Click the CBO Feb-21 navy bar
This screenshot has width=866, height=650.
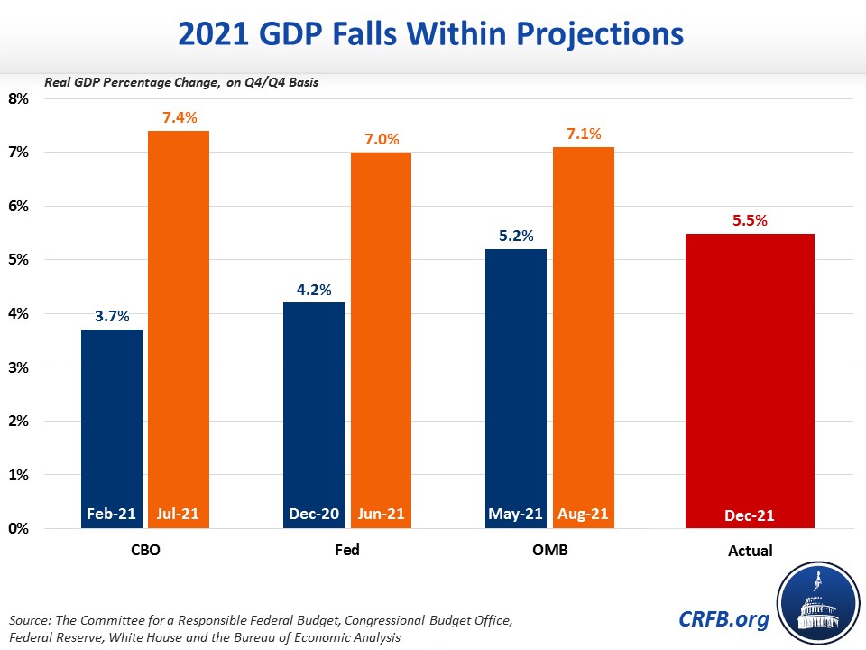113,424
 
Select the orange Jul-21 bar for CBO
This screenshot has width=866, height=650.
178,325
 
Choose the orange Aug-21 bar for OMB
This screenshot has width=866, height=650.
583,333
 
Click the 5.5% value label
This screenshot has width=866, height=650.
750,219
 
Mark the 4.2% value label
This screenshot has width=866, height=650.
314,289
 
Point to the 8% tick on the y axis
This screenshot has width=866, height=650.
19,98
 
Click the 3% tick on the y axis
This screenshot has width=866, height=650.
19,367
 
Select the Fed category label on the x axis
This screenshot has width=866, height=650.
347,549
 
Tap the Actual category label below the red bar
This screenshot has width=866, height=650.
750,550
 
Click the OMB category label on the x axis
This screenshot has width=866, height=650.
548,549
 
